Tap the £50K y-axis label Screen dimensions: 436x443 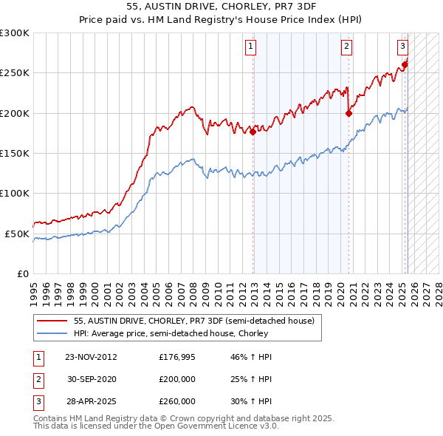(17, 234)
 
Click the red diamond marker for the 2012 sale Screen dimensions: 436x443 (253, 132)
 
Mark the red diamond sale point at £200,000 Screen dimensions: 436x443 (348, 114)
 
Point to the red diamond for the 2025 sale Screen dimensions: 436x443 (405, 65)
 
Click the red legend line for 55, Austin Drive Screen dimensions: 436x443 (52, 321)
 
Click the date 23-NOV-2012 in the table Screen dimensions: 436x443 (92, 357)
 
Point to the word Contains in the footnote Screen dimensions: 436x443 (49, 418)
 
